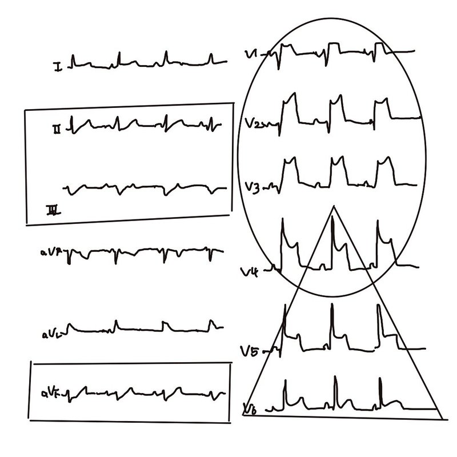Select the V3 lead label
tap(252, 187)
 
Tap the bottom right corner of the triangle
tap(441, 415)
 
